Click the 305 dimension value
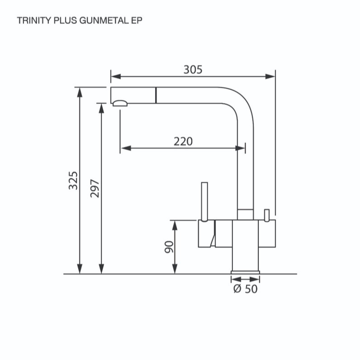[193, 70]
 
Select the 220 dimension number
[183, 142]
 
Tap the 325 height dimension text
[73, 180]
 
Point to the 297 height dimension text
[95, 189]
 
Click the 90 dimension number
[170, 247]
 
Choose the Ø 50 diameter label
[245, 289]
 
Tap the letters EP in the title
[137, 21]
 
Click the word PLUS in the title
[65, 21]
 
